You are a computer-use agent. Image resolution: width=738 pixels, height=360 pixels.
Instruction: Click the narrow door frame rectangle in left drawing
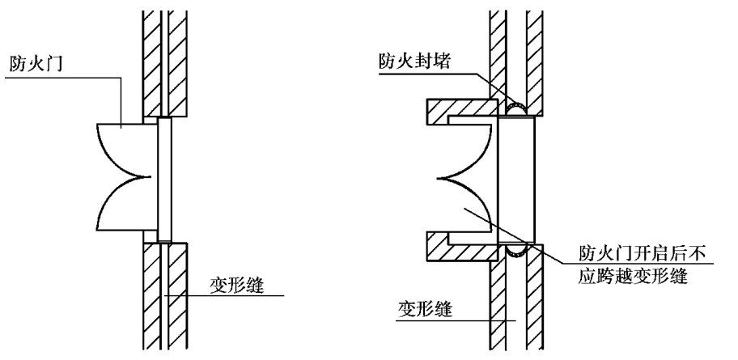click(164, 179)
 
